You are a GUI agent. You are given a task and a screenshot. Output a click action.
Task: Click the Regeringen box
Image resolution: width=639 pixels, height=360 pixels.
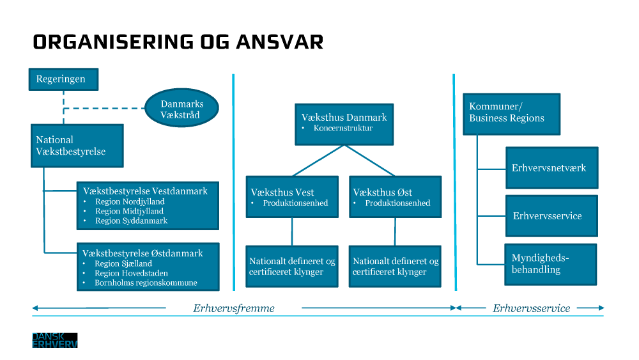(63, 79)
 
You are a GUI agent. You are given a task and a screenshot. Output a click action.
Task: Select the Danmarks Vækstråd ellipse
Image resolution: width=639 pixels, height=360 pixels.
(182, 109)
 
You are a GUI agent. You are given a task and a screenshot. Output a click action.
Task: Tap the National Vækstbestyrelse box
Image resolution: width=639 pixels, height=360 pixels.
(77, 146)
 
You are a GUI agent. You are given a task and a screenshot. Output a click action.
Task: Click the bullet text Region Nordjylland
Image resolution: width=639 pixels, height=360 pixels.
(130, 201)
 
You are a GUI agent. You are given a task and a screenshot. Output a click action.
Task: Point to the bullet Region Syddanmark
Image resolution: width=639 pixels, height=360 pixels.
(131, 221)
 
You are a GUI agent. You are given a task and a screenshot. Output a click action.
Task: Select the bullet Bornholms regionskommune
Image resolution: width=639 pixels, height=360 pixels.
(146, 283)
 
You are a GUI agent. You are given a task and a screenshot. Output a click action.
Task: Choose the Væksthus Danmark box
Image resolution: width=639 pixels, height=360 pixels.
(344, 122)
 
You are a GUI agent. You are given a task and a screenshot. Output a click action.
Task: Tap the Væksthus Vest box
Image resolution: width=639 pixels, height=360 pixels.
(292, 197)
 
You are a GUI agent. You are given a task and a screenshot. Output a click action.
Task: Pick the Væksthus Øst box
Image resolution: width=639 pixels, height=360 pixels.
(394, 197)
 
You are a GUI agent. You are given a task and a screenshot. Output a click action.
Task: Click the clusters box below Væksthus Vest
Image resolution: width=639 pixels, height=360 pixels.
(292, 266)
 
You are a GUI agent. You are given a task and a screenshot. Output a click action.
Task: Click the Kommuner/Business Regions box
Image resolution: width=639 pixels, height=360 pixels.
(511, 114)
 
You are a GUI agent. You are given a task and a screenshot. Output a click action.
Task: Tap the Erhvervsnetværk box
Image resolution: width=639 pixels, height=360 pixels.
(551, 168)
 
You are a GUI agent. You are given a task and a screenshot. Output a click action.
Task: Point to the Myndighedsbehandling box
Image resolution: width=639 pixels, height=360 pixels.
(550, 264)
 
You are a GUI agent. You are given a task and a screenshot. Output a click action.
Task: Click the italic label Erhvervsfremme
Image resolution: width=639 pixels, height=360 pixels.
(234, 308)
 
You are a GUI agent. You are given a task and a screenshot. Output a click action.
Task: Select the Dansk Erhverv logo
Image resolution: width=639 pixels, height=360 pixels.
(55, 340)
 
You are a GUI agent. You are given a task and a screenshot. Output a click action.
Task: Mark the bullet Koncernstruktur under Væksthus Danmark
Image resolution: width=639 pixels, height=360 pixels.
(343, 128)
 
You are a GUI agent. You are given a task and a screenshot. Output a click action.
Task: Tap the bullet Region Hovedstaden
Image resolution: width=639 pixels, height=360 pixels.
(132, 273)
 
